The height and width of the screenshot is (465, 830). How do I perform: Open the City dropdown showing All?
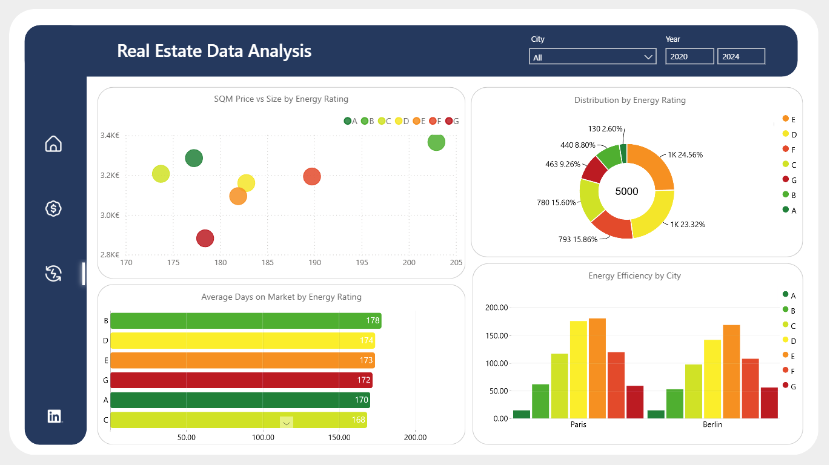[x=593, y=57]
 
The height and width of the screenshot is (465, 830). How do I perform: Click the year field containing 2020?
[x=689, y=57]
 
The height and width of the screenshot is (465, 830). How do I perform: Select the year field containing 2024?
[x=741, y=57]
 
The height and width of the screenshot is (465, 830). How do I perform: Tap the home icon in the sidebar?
[x=53, y=143]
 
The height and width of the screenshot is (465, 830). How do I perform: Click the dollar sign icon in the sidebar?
[x=53, y=208]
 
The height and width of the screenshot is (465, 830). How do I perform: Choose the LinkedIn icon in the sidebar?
[x=55, y=416]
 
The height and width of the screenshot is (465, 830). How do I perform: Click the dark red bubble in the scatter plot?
[x=205, y=238]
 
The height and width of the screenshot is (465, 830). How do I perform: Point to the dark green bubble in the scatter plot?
[x=194, y=158]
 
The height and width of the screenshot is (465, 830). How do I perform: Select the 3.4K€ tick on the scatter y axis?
[x=110, y=136]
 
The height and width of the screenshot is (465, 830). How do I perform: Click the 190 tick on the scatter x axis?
[x=314, y=263]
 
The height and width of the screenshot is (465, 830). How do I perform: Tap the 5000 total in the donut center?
[x=626, y=191]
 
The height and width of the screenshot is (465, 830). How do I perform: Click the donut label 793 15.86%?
[x=578, y=240]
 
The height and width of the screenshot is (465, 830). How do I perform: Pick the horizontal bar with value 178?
[x=246, y=321]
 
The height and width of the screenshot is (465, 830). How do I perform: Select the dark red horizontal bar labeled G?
[x=242, y=380]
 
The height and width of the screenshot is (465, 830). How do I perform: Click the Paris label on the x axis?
[x=579, y=424]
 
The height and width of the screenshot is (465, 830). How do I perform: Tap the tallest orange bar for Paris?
[x=597, y=368]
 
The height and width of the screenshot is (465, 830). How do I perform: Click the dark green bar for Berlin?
[x=656, y=414]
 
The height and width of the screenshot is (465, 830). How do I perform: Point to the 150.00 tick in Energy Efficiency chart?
[x=497, y=335]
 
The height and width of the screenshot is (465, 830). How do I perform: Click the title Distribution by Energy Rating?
[x=630, y=101]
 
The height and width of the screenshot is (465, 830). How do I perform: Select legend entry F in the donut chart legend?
[x=789, y=149]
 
